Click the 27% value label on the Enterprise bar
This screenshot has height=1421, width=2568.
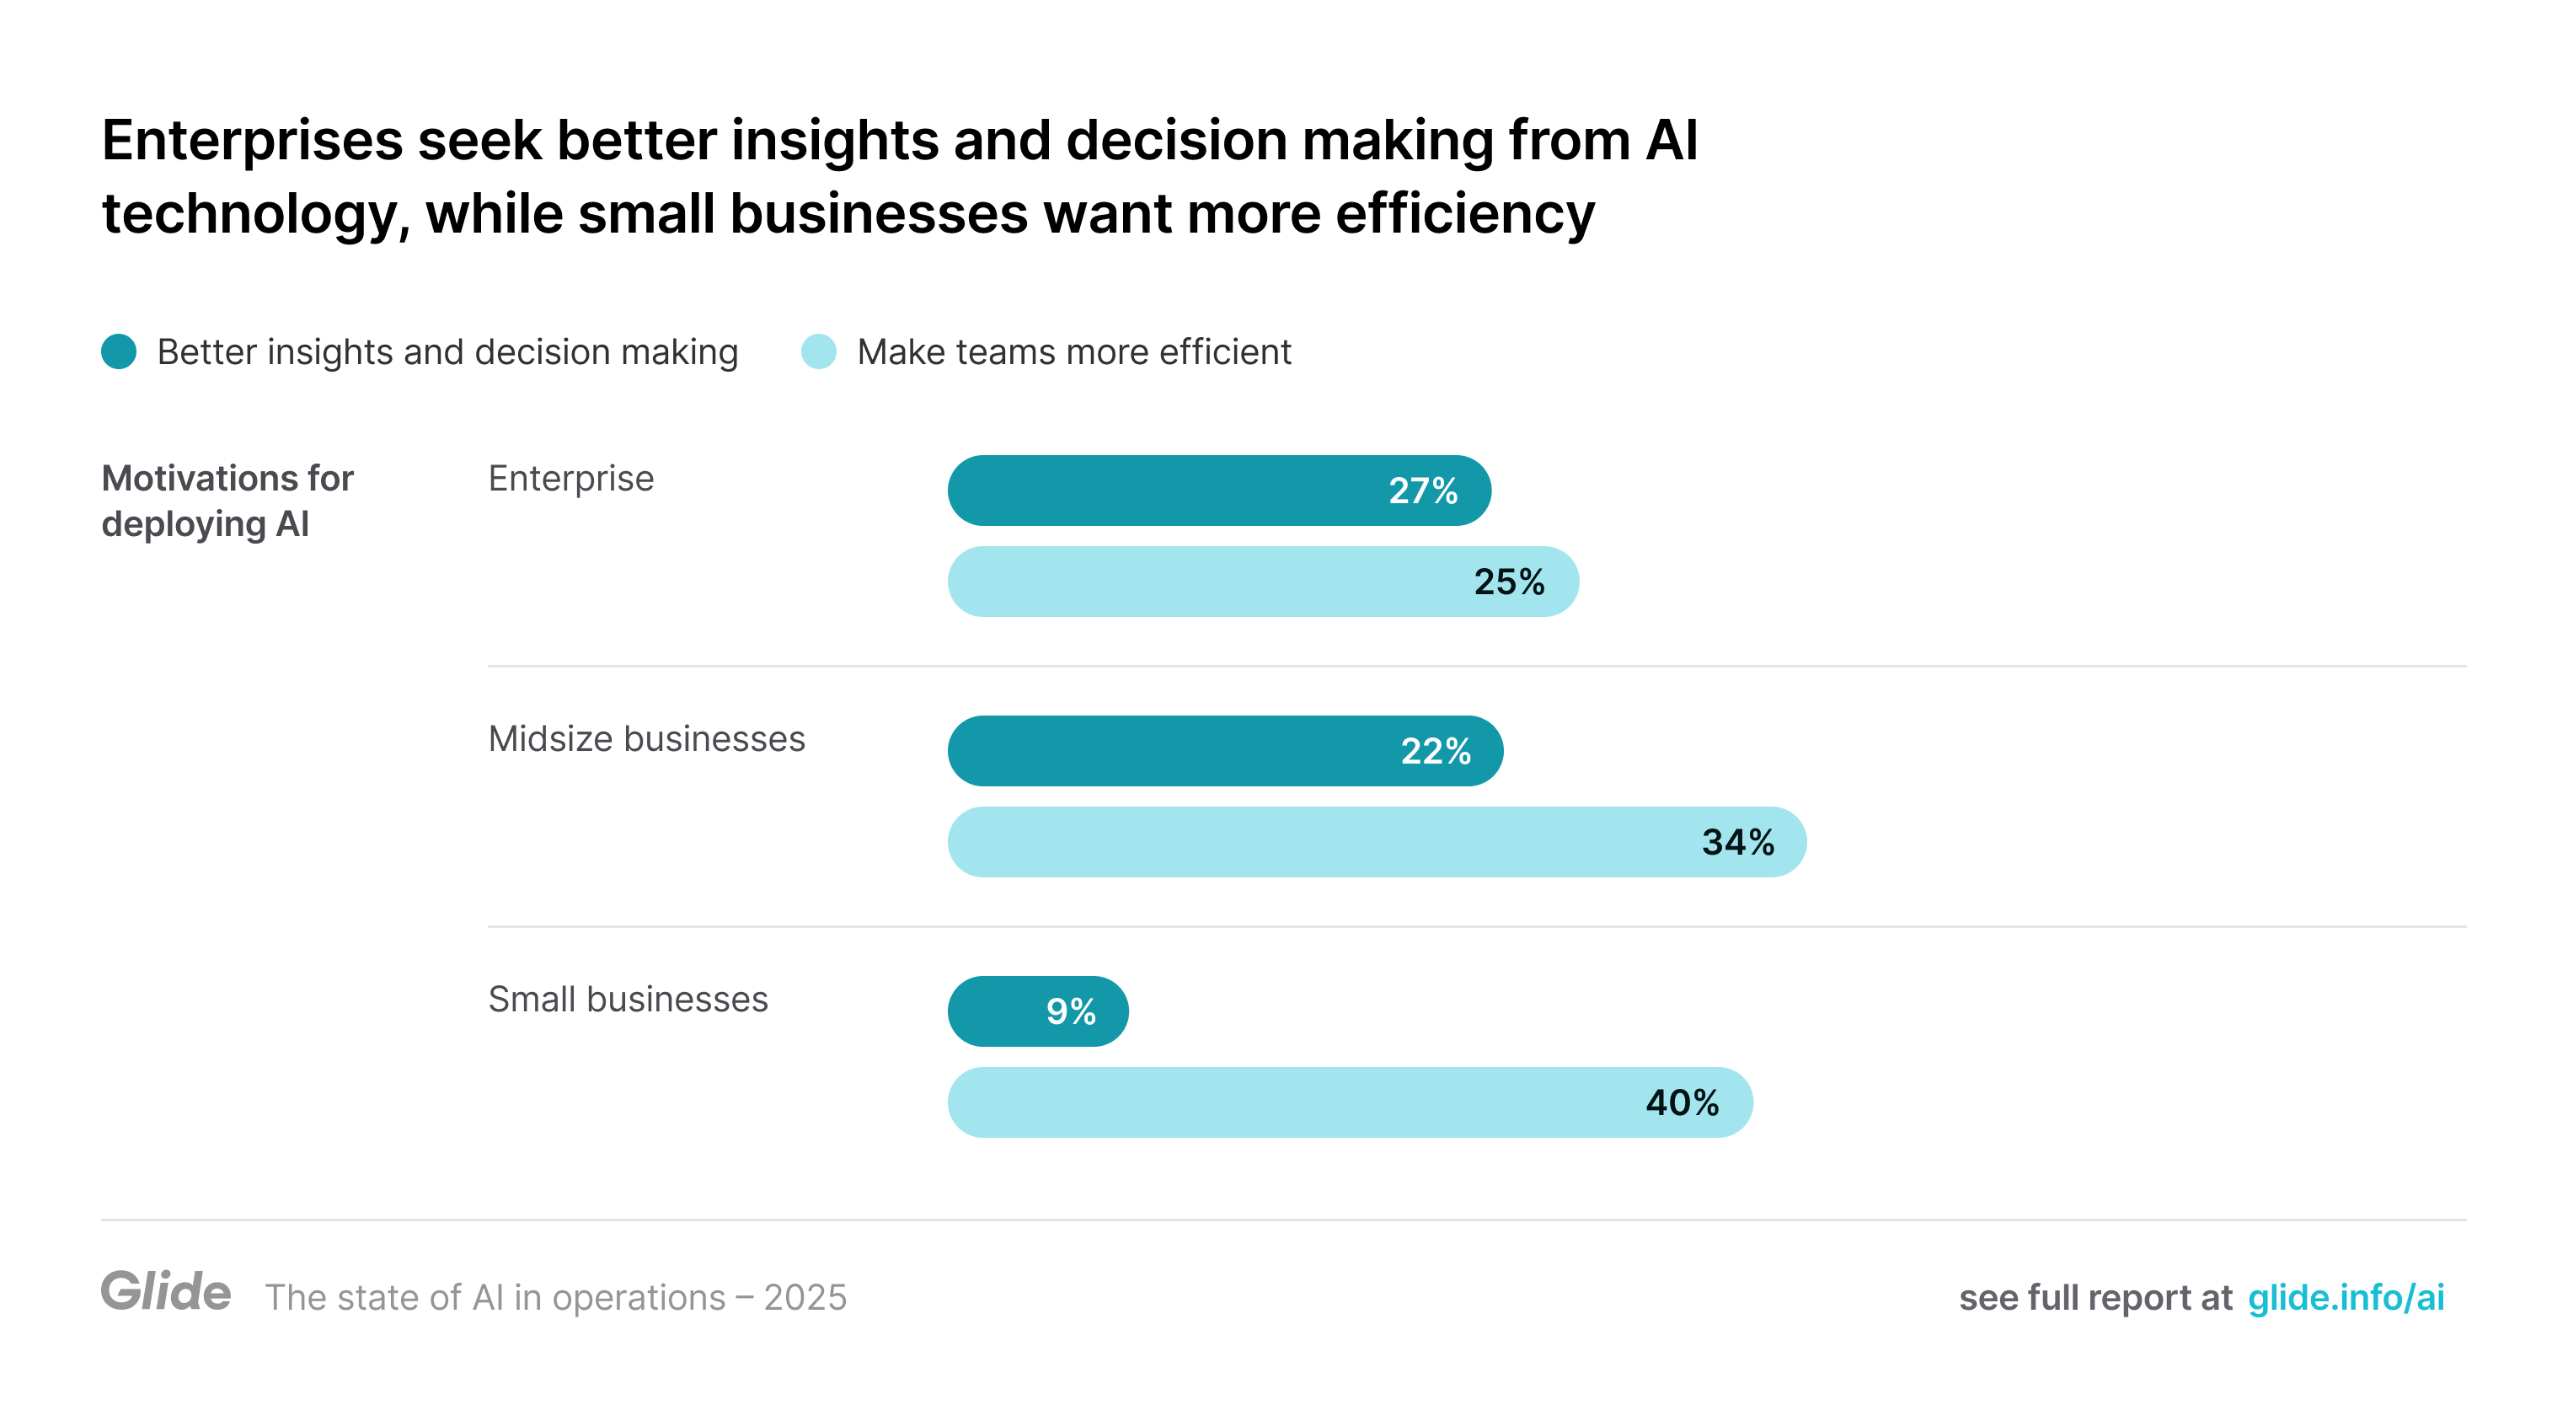pos(1422,491)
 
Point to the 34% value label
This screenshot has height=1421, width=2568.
pos(1737,843)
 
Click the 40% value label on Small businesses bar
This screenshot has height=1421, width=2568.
pos(1682,1103)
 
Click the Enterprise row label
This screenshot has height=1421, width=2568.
pos(571,479)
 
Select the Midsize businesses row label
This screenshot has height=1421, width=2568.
pos(646,739)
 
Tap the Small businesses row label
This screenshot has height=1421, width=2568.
pos(628,1000)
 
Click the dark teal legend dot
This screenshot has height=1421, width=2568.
pos(119,352)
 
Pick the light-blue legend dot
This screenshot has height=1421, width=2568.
pos(818,352)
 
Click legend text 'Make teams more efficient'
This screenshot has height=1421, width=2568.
pos(1073,352)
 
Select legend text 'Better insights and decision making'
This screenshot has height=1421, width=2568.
pos(447,352)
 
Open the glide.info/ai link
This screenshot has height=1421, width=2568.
pos(2346,1297)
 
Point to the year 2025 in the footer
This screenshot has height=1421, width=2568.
pos(805,1297)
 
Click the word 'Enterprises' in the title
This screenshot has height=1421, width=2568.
pos(252,140)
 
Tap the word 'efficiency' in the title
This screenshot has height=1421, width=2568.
pos(1464,213)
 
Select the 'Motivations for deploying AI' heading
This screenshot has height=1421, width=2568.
pos(227,501)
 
